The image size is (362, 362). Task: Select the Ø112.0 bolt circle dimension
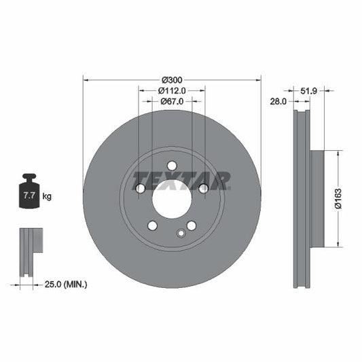172,91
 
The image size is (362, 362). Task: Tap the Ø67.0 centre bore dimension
172,102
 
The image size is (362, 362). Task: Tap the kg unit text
47,196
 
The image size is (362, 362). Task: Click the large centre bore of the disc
172,198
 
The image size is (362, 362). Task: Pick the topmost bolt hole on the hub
172,165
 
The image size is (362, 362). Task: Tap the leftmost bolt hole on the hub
140,188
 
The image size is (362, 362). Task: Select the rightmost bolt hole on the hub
203,188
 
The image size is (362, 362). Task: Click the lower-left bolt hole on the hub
152,225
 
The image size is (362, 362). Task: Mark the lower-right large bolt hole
192,225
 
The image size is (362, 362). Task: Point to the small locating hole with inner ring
181,234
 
